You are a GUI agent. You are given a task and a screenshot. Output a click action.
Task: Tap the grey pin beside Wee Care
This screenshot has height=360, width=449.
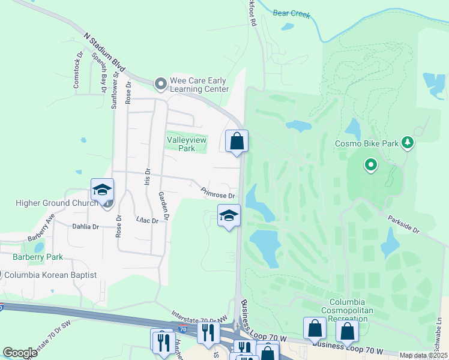[160, 85]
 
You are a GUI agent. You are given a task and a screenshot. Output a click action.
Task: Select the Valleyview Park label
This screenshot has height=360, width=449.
[181, 143]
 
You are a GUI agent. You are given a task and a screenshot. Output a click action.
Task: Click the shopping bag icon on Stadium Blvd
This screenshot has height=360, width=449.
[237, 142]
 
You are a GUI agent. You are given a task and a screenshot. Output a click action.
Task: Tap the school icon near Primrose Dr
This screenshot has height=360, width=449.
[229, 216]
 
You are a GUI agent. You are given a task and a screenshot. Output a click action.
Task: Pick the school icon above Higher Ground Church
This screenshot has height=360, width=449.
[102, 190]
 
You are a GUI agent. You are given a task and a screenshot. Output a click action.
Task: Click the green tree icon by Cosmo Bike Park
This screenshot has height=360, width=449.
[408, 142]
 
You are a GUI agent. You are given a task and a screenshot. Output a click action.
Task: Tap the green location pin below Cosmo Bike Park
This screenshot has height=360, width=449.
[371, 164]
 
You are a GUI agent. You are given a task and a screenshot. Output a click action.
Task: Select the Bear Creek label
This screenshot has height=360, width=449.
[291, 13]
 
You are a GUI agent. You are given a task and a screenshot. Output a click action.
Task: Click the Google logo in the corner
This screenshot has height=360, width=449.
[20, 352]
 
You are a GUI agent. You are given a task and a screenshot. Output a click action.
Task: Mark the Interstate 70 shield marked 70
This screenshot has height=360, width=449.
[182, 328]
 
